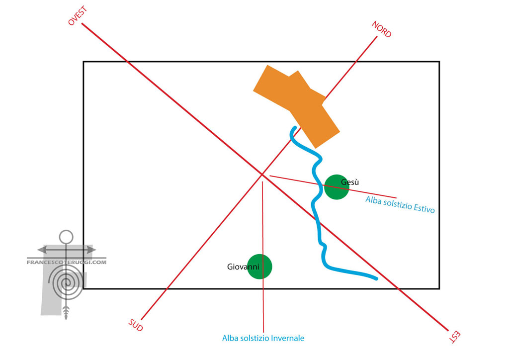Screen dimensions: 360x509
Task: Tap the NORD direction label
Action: click(382, 29)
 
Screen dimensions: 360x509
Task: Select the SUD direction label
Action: click(135, 325)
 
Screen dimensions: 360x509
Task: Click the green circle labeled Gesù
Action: click(337, 187)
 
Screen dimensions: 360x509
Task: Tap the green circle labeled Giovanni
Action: click(260, 267)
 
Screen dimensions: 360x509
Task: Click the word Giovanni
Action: click(243, 267)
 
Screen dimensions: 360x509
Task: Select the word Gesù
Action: click(350, 182)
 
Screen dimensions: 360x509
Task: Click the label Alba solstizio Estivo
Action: click(400, 204)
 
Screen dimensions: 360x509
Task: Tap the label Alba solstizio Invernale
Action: click(263, 338)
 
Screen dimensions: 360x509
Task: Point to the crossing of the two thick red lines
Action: click(262, 174)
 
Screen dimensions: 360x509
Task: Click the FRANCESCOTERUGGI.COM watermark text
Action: click(67, 261)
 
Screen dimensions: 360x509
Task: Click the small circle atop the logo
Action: click(66, 237)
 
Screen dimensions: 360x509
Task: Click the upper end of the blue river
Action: click(295, 128)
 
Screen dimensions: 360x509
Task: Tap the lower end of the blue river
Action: click(376, 278)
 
